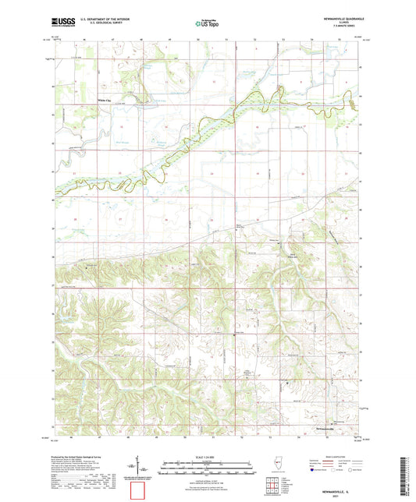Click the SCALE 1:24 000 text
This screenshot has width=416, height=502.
[x=208, y=456]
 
